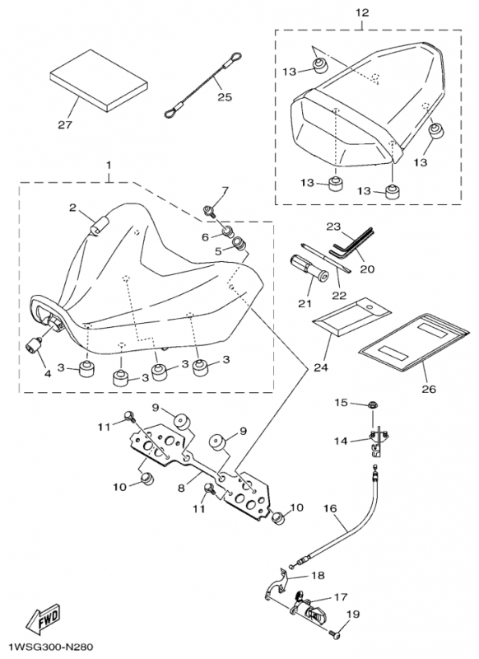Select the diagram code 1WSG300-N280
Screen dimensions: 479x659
click(48, 647)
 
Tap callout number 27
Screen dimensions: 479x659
click(65, 124)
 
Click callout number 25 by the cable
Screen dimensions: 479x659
click(225, 97)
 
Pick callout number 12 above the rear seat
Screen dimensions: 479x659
click(362, 13)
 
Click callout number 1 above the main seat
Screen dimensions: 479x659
click(109, 166)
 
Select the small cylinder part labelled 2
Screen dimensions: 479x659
click(99, 223)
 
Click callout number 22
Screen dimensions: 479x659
click(339, 295)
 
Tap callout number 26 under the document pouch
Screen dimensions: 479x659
click(429, 389)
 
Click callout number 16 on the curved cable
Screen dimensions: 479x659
click(330, 508)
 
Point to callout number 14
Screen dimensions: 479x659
click(341, 441)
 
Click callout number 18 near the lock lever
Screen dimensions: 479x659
click(319, 575)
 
